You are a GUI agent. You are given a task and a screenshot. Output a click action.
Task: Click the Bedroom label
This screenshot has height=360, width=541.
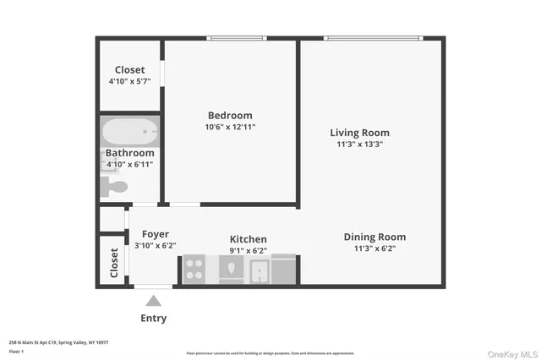[x=230, y=116]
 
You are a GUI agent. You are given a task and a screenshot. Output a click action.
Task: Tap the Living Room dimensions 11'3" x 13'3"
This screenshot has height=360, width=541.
[x=359, y=145]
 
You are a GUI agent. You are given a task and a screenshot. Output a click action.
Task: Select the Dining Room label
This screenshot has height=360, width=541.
[x=374, y=237]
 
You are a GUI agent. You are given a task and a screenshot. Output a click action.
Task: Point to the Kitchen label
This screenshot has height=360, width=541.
[x=249, y=239]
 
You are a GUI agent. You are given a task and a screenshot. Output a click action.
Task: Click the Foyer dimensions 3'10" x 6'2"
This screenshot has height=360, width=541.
[x=155, y=246]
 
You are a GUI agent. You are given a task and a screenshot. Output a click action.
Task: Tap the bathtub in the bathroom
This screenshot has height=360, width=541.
[x=130, y=132]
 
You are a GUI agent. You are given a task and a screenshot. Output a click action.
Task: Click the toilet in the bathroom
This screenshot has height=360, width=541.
[x=113, y=187]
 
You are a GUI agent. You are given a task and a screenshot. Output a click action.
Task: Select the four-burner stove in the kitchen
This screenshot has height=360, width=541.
[x=194, y=269]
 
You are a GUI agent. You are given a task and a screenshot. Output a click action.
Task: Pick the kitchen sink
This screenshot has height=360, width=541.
[x=259, y=270]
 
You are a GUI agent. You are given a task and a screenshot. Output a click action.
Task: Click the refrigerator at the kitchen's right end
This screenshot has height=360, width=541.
[x=284, y=269]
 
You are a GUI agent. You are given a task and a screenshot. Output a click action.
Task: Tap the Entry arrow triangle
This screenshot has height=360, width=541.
[x=154, y=300]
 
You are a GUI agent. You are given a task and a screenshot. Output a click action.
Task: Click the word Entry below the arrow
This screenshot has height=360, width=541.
[x=154, y=319]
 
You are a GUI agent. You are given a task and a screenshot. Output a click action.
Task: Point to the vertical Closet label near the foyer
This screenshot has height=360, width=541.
[x=114, y=262]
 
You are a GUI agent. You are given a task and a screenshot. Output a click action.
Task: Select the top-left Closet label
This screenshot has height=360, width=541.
[x=129, y=69]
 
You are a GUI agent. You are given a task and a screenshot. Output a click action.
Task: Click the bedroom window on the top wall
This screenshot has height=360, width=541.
[x=236, y=37]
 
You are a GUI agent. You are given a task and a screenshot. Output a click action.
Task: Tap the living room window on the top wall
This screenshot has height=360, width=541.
[x=373, y=37]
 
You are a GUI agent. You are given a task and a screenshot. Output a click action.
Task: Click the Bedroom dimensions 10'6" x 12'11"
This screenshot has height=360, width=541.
[x=230, y=128]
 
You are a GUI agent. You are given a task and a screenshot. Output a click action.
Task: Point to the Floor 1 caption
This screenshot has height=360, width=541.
[x=15, y=350]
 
